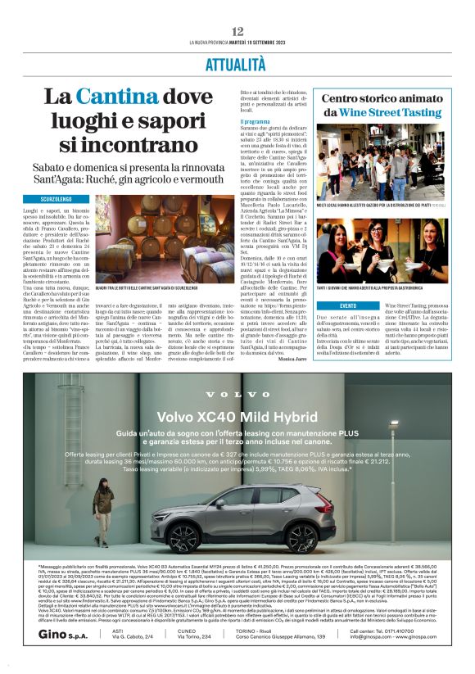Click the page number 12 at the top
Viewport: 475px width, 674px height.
(x=237, y=31)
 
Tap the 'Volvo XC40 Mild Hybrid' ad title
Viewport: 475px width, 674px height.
(x=237, y=415)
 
